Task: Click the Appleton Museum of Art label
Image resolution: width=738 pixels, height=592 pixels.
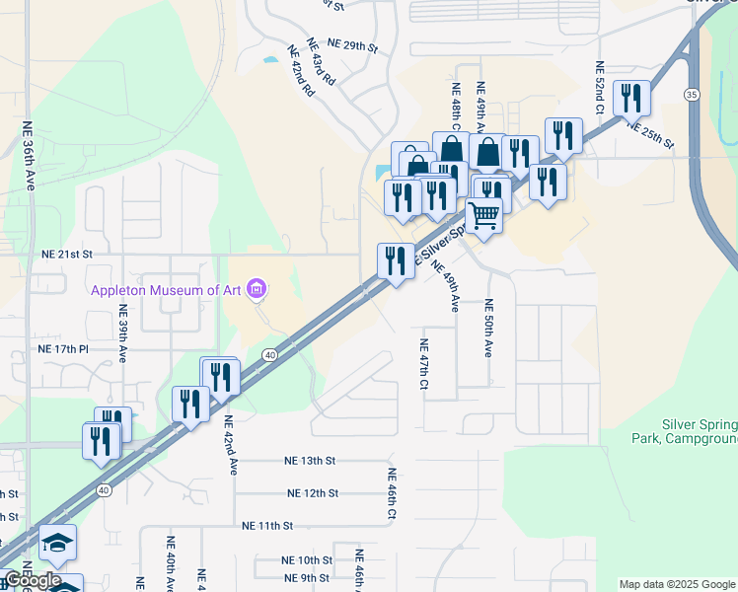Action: point(167,289)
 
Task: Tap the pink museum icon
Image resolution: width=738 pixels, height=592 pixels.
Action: point(258,289)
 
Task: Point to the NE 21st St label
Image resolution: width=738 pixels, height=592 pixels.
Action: point(66,254)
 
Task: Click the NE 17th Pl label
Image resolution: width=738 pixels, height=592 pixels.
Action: point(63,349)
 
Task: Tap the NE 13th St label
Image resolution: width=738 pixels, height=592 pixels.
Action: point(310,461)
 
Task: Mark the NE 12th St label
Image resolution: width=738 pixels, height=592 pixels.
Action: point(313,493)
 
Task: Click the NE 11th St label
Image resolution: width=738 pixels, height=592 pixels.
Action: point(267,527)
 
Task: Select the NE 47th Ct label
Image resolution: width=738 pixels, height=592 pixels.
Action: point(422,364)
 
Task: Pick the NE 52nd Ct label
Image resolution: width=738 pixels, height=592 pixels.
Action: point(599,87)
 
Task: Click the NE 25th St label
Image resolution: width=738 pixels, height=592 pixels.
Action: point(649,137)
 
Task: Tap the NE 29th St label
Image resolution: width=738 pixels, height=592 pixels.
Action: point(353,45)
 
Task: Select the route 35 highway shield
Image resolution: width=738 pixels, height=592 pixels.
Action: point(691,94)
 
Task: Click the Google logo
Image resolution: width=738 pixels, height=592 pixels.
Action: point(33,580)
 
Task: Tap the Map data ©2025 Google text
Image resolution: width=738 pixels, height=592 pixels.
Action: point(678,584)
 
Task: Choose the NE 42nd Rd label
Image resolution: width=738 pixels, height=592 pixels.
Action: point(301,71)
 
